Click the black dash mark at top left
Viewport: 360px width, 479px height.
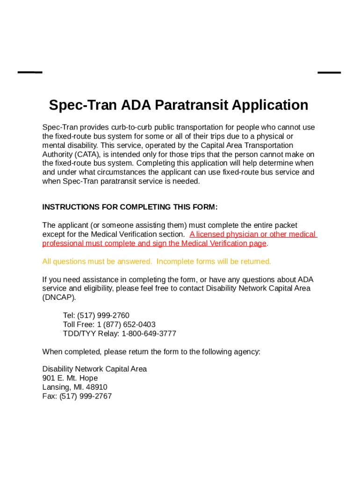(x=30, y=73)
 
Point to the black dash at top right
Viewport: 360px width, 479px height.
(x=329, y=73)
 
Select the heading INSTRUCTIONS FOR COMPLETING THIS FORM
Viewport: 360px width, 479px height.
(x=130, y=207)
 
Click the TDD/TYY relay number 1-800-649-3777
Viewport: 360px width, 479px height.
(x=149, y=334)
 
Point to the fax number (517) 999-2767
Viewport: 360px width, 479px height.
(x=86, y=396)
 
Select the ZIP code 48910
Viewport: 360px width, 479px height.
(x=97, y=387)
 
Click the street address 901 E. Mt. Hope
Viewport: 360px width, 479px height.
(x=70, y=378)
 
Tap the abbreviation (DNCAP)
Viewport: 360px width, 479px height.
(x=59, y=298)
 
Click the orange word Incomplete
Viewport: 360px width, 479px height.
(x=175, y=261)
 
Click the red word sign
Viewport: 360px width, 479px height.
(x=159, y=243)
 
